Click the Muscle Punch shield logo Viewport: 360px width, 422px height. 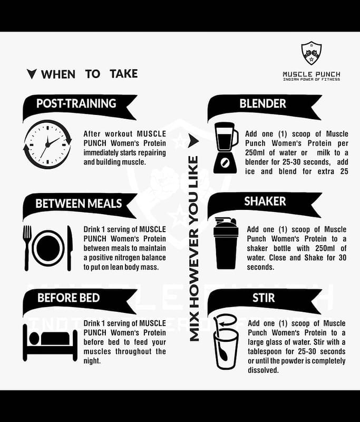[312, 53]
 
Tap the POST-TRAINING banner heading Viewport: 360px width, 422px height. [76, 103]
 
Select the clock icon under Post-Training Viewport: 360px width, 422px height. [47, 145]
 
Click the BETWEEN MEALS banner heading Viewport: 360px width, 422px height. [79, 204]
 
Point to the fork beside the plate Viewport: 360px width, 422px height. [26, 247]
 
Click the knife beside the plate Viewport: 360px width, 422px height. [70, 247]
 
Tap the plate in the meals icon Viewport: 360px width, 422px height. [48, 248]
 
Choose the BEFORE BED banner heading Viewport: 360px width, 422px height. [69, 298]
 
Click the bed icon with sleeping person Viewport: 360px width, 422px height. [50, 343]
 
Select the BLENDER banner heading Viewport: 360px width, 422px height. [262, 103]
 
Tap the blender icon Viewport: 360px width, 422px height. [226, 148]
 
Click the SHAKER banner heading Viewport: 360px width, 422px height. [265, 202]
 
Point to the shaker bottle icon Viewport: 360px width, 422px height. [226, 244]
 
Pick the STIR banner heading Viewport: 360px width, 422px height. [264, 298]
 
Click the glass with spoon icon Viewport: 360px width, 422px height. [226, 342]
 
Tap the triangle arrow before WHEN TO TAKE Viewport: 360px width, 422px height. [32, 74]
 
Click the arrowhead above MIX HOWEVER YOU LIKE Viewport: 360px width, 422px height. [193, 140]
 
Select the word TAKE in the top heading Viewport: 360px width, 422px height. [124, 74]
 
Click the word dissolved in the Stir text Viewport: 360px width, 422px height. [263, 370]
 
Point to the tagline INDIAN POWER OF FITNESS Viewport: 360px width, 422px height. [312, 79]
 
